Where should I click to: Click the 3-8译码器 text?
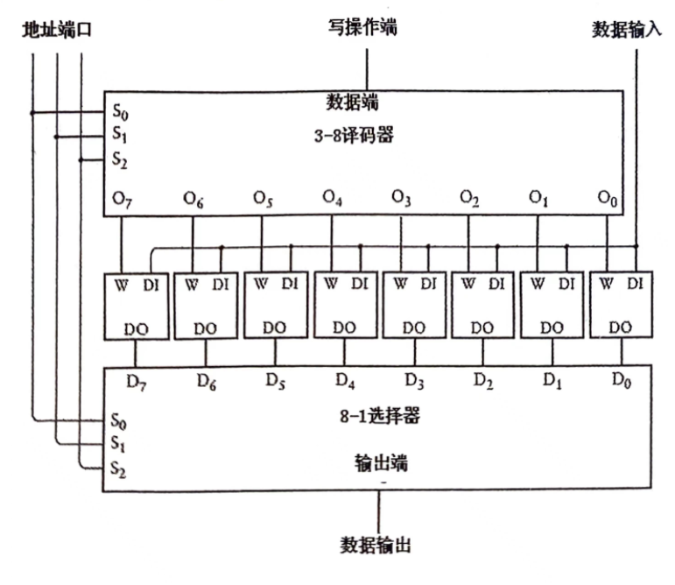366,136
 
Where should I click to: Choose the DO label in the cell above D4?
343,328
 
